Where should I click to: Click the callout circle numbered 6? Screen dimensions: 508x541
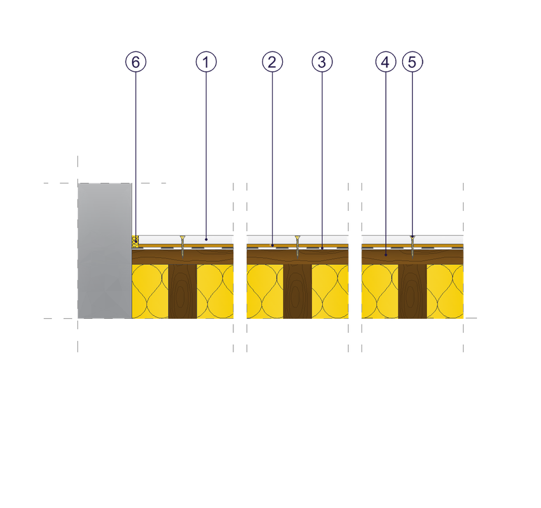[x=136, y=62]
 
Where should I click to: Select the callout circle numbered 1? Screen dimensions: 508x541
[x=206, y=62]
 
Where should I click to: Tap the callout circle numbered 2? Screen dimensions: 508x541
[x=271, y=62]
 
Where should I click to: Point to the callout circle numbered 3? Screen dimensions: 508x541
[x=322, y=62]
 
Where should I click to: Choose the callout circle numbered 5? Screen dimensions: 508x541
[x=412, y=62]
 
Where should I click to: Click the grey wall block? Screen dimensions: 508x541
[x=105, y=251]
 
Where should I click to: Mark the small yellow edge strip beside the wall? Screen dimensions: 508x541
[x=134, y=240]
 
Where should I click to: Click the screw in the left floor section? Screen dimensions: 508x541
[x=183, y=246]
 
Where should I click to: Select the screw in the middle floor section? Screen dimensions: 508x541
[x=297, y=246]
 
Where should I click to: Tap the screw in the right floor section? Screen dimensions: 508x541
[x=412, y=246]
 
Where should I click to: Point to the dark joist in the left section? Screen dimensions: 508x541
[x=183, y=291]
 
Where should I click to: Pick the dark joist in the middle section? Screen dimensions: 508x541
[x=297, y=291]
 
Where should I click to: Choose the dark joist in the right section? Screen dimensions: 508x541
[x=412, y=291]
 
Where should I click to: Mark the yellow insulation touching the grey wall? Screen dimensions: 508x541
[x=150, y=291]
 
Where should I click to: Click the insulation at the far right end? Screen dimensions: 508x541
[x=445, y=291]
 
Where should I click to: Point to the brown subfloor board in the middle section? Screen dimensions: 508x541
[x=266, y=256]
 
